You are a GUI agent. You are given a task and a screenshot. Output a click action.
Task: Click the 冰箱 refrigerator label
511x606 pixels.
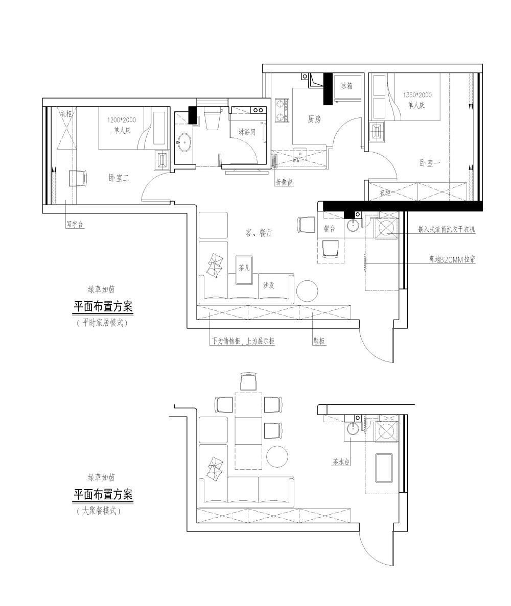click(x=346, y=85)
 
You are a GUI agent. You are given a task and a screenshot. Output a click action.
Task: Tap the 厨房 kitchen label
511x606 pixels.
click(x=314, y=119)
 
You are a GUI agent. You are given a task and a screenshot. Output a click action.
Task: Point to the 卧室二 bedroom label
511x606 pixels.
click(x=119, y=178)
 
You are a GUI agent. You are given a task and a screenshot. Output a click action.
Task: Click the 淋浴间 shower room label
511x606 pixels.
click(x=247, y=132)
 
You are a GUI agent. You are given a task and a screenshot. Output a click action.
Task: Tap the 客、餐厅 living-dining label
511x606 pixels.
click(x=259, y=232)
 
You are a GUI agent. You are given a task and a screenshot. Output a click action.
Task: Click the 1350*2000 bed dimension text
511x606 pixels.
click(x=417, y=95)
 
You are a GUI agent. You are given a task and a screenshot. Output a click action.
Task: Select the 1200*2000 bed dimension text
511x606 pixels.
click(x=122, y=120)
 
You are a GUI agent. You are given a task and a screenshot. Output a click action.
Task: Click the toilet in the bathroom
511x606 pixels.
click(x=212, y=117)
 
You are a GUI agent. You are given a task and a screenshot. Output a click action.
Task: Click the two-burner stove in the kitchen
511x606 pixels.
click(x=281, y=111)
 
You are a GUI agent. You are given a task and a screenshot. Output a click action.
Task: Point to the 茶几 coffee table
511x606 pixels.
click(x=244, y=270)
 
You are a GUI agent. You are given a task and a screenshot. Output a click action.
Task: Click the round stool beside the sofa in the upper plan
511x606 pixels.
click(x=307, y=291)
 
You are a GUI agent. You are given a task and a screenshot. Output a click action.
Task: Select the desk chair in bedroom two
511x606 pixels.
click(x=78, y=178)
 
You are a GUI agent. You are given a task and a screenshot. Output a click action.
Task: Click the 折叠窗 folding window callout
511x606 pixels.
click(x=284, y=182)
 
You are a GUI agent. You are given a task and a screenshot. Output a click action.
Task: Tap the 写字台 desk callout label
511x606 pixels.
click(x=74, y=224)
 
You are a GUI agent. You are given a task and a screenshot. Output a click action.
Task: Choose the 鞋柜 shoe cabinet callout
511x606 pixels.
click(x=319, y=341)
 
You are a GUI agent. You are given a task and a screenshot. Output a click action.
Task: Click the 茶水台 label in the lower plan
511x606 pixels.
click(x=341, y=462)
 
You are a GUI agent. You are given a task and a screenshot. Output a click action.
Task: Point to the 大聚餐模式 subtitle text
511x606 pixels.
click(x=99, y=511)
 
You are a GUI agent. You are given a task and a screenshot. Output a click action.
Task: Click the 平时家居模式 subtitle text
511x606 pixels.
click(x=102, y=323)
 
